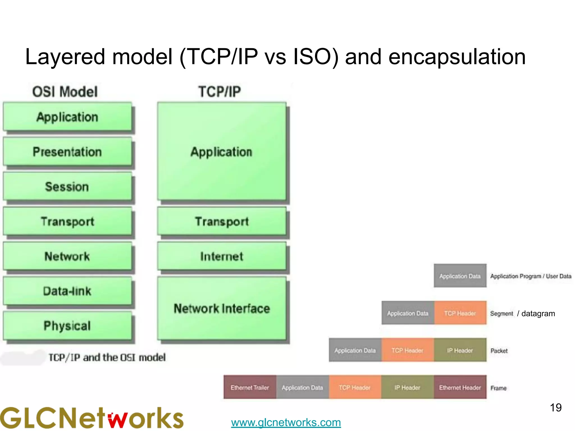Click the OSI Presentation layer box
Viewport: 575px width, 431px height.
tap(67, 152)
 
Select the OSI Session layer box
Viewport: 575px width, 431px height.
tap(67, 186)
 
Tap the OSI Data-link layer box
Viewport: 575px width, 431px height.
tap(67, 291)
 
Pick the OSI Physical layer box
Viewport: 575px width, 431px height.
tap(67, 326)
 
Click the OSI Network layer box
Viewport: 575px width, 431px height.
tap(67, 256)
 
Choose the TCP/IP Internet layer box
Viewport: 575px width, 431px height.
tap(222, 256)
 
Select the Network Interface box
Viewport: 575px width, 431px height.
tap(222, 309)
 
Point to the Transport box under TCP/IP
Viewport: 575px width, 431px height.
tap(222, 221)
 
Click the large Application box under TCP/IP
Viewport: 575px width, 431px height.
tap(222, 152)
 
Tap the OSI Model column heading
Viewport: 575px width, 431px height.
tap(65, 92)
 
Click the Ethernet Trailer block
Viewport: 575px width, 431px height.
tap(250, 388)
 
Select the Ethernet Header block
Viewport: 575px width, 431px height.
tap(460, 388)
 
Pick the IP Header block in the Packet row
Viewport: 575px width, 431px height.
tap(460, 350)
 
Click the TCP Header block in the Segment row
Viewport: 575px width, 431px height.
tap(460, 313)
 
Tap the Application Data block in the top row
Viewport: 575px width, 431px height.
tap(460, 276)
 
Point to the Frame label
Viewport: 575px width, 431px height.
tap(499, 388)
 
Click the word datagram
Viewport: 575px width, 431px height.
tap(538, 313)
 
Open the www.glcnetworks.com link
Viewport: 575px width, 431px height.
tap(286, 422)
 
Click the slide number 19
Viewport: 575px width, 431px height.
tap(556, 408)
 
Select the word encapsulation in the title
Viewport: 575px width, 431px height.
tap(457, 57)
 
